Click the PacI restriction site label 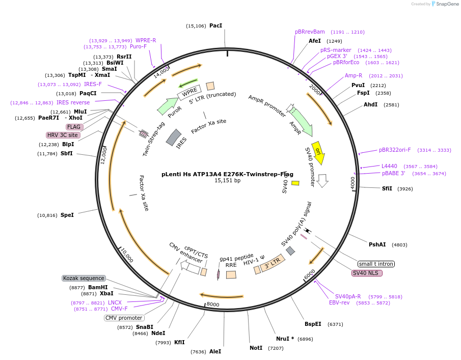(215, 26)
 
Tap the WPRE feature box (189, 92)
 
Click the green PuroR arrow (168, 106)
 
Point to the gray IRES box (174, 137)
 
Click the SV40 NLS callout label (367, 273)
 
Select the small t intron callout (376, 264)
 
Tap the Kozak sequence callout (84, 278)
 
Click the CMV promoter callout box (124, 318)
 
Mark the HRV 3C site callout (63, 135)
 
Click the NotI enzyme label (256, 348)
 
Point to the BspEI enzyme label (313, 324)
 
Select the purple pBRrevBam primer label (310, 32)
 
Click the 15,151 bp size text (228, 180)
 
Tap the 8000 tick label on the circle (213, 304)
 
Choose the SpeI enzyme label (67, 215)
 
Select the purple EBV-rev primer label (339, 302)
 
